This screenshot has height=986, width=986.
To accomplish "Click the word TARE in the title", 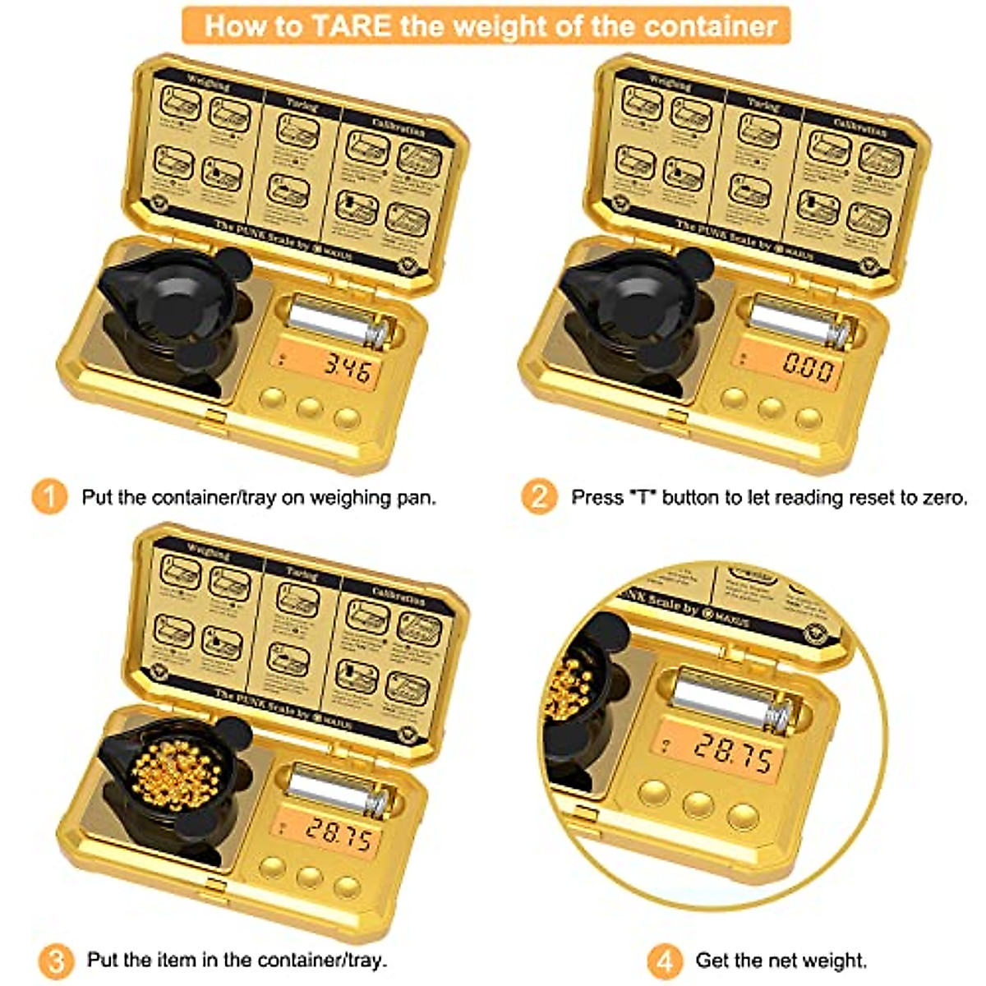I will click(352, 25).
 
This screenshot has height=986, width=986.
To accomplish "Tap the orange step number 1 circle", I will click(49, 497).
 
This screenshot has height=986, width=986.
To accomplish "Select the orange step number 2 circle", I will click(538, 497).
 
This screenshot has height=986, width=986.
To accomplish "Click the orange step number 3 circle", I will click(55, 960).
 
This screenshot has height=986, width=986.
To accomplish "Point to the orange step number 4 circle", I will click(664, 960).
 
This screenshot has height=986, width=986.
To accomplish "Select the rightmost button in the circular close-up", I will click(744, 815).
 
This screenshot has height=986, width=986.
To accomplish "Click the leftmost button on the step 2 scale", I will click(734, 398).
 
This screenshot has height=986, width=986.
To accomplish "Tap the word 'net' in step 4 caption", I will click(783, 960).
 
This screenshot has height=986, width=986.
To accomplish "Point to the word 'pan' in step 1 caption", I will click(417, 497).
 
